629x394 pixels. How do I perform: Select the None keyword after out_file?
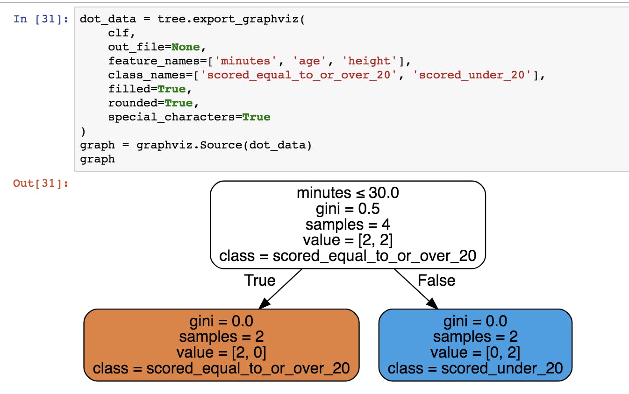[x=186, y=47]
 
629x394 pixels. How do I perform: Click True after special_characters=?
[x=256, y=117]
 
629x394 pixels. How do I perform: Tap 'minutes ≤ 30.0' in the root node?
[x=348, y=193]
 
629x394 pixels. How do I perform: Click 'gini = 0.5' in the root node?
[x=348, y=209]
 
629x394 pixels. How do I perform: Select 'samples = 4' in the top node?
[x=348, y=225]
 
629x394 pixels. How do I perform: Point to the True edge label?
[x=260, y=280]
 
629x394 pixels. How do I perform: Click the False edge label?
[x=436, y=280]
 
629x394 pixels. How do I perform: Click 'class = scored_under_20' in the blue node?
[x=475, y=368]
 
